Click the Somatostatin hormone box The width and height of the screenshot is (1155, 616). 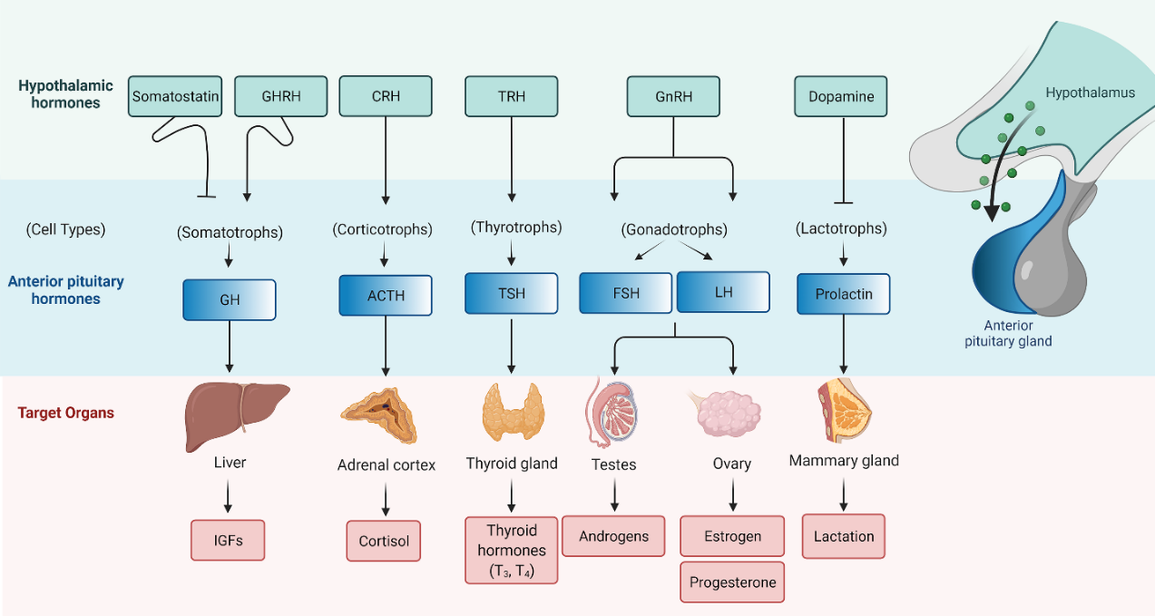point(176,96)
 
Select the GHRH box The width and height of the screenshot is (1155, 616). point(280,96)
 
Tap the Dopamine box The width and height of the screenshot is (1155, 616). point(840,96)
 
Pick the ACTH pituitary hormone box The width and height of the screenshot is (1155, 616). point(386,296)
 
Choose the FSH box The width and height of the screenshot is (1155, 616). point(626,294)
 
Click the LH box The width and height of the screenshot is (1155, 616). point(723,292)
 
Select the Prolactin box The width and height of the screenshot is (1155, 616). point(843,295)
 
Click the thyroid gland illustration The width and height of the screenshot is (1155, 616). point(512,413)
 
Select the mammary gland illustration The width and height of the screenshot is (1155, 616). point(843,413)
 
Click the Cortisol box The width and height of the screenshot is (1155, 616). point(384,541)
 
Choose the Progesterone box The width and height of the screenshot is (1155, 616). point(732,582)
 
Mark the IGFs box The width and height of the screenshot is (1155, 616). point(228,540)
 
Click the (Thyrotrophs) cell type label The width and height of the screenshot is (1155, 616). point(516,227)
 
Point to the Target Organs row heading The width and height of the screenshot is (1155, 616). point(66,413)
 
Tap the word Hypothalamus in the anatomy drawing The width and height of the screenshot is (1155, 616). point(1090,93)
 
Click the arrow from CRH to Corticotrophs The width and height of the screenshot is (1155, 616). point(386,159)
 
